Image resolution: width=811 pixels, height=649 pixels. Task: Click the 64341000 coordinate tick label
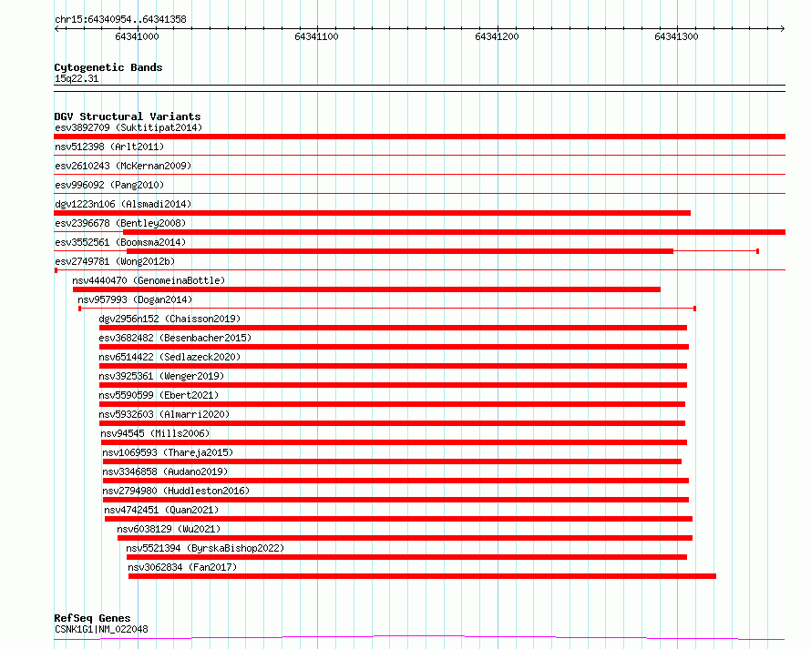[x=137, y=37]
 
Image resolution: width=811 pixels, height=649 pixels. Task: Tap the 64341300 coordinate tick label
[x=677, y=37]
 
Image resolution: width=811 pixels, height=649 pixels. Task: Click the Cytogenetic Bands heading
[x=108, y=67]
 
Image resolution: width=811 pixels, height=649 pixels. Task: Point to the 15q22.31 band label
[x=77, y=79]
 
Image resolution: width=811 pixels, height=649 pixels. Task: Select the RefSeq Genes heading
[x=92, y=619]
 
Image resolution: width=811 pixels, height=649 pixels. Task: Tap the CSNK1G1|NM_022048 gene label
[x=101, y=630]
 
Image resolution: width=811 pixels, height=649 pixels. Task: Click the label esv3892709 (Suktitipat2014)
[x=128, y=127]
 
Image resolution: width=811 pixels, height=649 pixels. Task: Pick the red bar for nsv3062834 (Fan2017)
[x=422, y=576]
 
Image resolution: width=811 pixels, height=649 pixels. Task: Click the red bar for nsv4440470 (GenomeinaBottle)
[x=366, y=289]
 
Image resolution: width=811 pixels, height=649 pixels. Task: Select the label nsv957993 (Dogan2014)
[x=135, y=299]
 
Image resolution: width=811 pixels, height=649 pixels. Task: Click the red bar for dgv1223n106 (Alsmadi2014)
[x=372, y=213]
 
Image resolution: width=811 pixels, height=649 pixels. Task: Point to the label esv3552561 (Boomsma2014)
[x=120, y=242]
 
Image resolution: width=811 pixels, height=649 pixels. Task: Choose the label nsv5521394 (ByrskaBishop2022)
[x=205, y=548]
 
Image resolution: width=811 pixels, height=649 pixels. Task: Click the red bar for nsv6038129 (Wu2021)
[x=405, y=538]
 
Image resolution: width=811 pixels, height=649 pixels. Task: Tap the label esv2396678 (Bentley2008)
[x=120, y=223]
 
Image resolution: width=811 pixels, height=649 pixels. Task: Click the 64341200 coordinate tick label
[x=497, y=37]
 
